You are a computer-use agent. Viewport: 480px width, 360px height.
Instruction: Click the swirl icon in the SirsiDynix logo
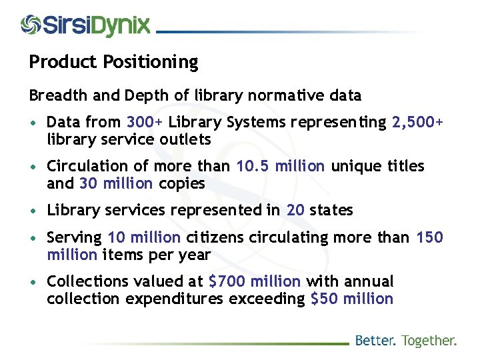[31, 25]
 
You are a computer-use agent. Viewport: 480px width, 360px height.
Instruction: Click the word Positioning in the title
[151, 63]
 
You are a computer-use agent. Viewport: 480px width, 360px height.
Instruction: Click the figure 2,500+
[417, 123]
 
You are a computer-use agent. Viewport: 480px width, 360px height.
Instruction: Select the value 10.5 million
[281, 166]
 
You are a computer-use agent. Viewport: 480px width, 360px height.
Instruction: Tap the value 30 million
[116, 183]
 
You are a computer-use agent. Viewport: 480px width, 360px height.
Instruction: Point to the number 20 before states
[295, 210]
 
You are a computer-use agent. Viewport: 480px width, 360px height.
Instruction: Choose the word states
[331, 210]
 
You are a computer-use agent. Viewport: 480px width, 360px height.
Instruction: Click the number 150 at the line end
[429, 237]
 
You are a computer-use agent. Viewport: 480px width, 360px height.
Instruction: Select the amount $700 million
[255, 282]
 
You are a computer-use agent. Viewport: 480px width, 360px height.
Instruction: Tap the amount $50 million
[352, 299]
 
